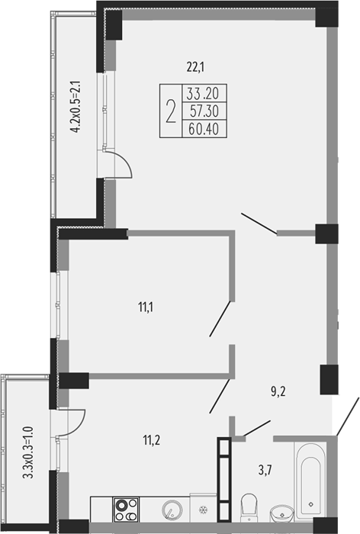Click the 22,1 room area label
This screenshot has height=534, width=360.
[x=195, y=67]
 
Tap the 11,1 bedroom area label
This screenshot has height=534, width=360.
[x=146, y=307]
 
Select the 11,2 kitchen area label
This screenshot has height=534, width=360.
[x=152, y=440]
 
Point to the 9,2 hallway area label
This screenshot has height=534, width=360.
[x=278, y=391]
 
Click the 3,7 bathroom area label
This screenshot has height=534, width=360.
[x=265, y=471]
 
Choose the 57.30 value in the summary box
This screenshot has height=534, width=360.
[x=204, y=111]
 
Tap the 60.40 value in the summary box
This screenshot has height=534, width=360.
[x=204, y=129]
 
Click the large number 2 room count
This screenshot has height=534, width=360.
[x=171, y=111]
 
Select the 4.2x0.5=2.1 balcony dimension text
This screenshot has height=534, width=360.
[x=75, y=106]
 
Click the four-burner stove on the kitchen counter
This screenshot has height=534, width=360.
[x=126, y=510]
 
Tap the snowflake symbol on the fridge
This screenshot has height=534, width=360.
[x=204, y=510]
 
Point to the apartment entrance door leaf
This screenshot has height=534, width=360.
[x=348, y=417]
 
